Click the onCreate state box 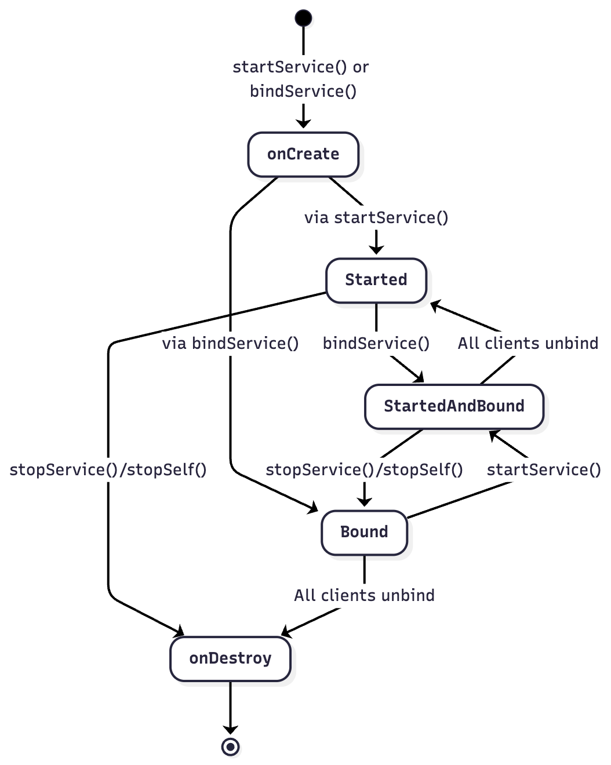pos(303,154)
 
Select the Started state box pos(376,280)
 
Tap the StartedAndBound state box pos(454,406)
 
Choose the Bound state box pos(364,532)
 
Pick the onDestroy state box pos(230,658)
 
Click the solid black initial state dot pos(303,18)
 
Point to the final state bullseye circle pos(230,747)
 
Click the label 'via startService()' pos(376,217)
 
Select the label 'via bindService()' pos(230,343)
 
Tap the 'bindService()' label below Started pos(376,343)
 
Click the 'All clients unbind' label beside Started pos(528,343)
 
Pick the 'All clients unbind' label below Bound pos(364,595)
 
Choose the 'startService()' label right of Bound pos(544,469)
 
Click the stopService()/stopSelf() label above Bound pos(364,469)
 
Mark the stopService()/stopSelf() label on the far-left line pos(108,469)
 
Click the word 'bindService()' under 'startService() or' pos(303,91)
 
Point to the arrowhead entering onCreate pos(303,123)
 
